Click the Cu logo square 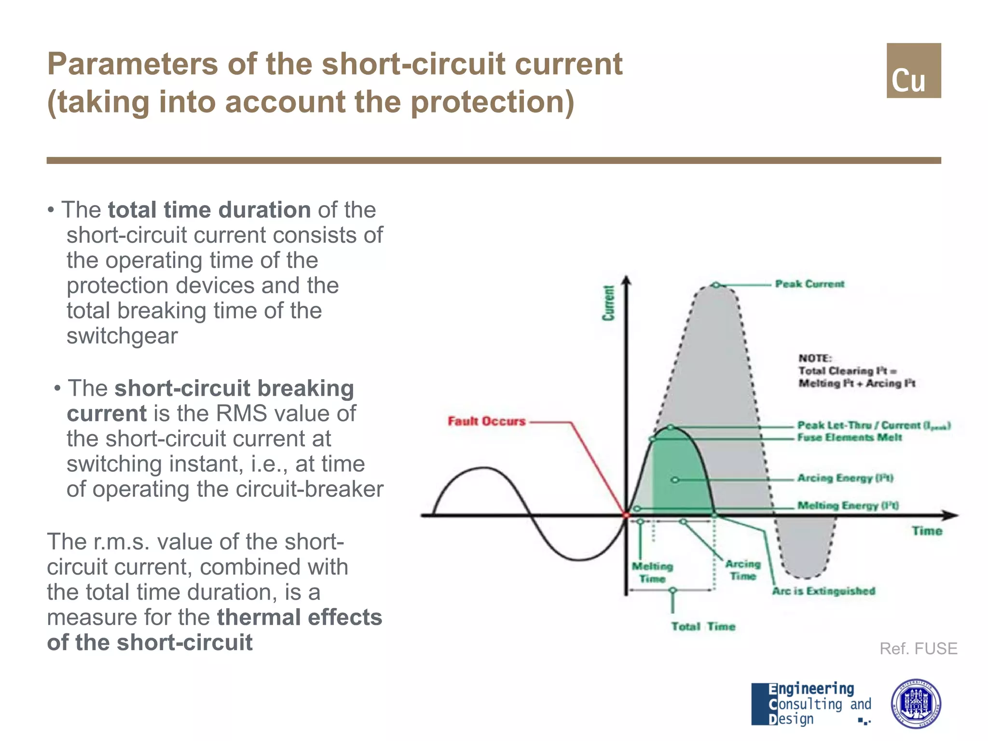(913, 71)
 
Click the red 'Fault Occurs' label (486, 421)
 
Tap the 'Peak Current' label (810, 284)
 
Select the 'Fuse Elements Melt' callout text (849, 438)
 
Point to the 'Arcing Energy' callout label (845, 478)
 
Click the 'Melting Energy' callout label (848, 506)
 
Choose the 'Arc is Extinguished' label (823, 591)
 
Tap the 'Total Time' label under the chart (703, 627)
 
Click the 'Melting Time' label (652, 572)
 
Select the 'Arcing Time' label (743, 570)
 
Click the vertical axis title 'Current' (609, 303)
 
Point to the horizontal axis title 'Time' (927, 531)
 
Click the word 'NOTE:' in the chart (815, 358)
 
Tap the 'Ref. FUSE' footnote (918, 648)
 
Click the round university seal (915, 703)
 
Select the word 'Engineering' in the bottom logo (811, 689)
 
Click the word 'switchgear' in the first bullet (122, 336)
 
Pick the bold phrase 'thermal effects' (299, 617)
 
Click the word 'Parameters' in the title (133, 64)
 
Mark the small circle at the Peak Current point (716, 285)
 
